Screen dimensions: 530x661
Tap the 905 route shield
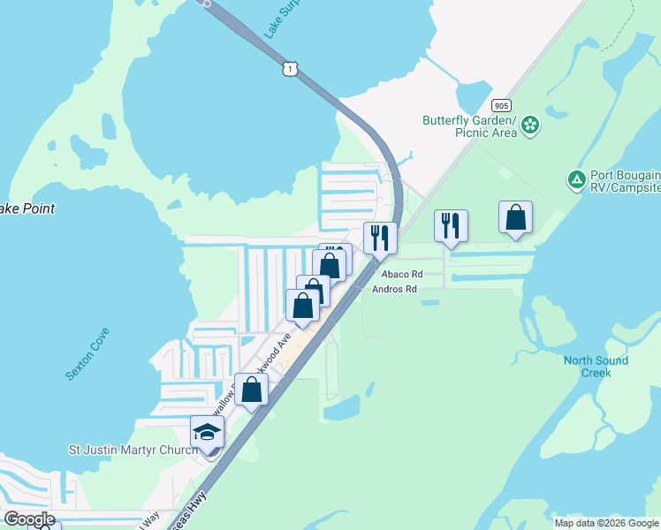(x=501, y=103)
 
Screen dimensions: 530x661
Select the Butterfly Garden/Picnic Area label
(x=468, y=126)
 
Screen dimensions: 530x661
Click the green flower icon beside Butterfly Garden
(x=530, y=125)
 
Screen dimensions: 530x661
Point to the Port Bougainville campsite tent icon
(x=576, y=180)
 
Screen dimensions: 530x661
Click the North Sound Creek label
(x=596, y=367)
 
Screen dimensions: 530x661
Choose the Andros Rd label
(x=394, y=289)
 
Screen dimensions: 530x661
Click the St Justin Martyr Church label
(x=133, y=450)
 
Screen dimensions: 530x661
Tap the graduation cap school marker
(x=207, y=432)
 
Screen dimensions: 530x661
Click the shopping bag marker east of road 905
(x=515, y=217)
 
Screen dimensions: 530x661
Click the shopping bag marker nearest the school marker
(x=252, y=389)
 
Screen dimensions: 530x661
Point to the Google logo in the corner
(x=28, y=519)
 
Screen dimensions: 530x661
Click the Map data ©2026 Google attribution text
(x=606, y=523)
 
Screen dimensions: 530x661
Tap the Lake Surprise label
(x=282, y=15)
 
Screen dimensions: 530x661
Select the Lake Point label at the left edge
(x=27, y=209)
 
